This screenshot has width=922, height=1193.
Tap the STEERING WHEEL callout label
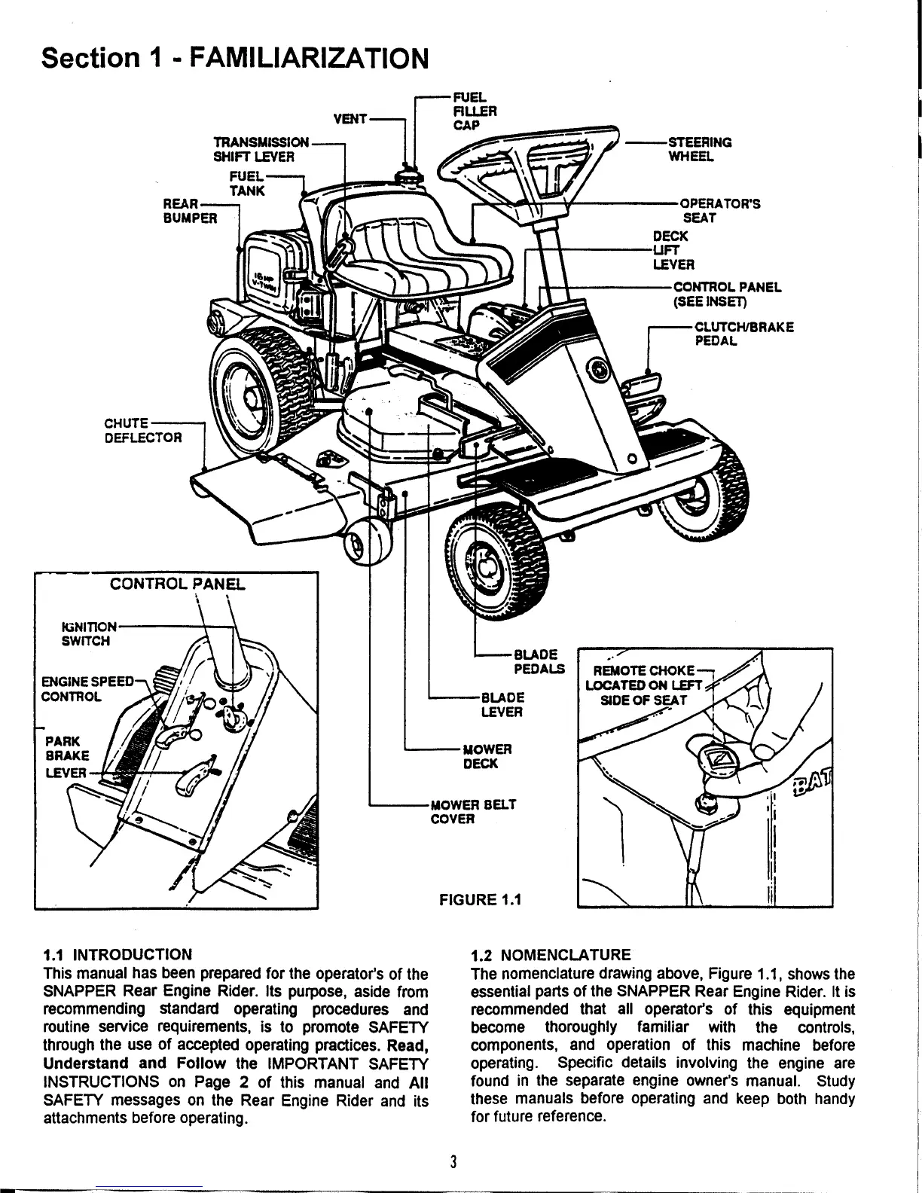coord(700,149)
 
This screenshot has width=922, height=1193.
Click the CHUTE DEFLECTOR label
coord(143,430)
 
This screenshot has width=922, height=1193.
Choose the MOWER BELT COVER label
coord(472,811)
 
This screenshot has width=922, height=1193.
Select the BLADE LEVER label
coord(502,704)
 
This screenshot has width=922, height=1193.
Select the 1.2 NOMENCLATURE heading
coord(550,955)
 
